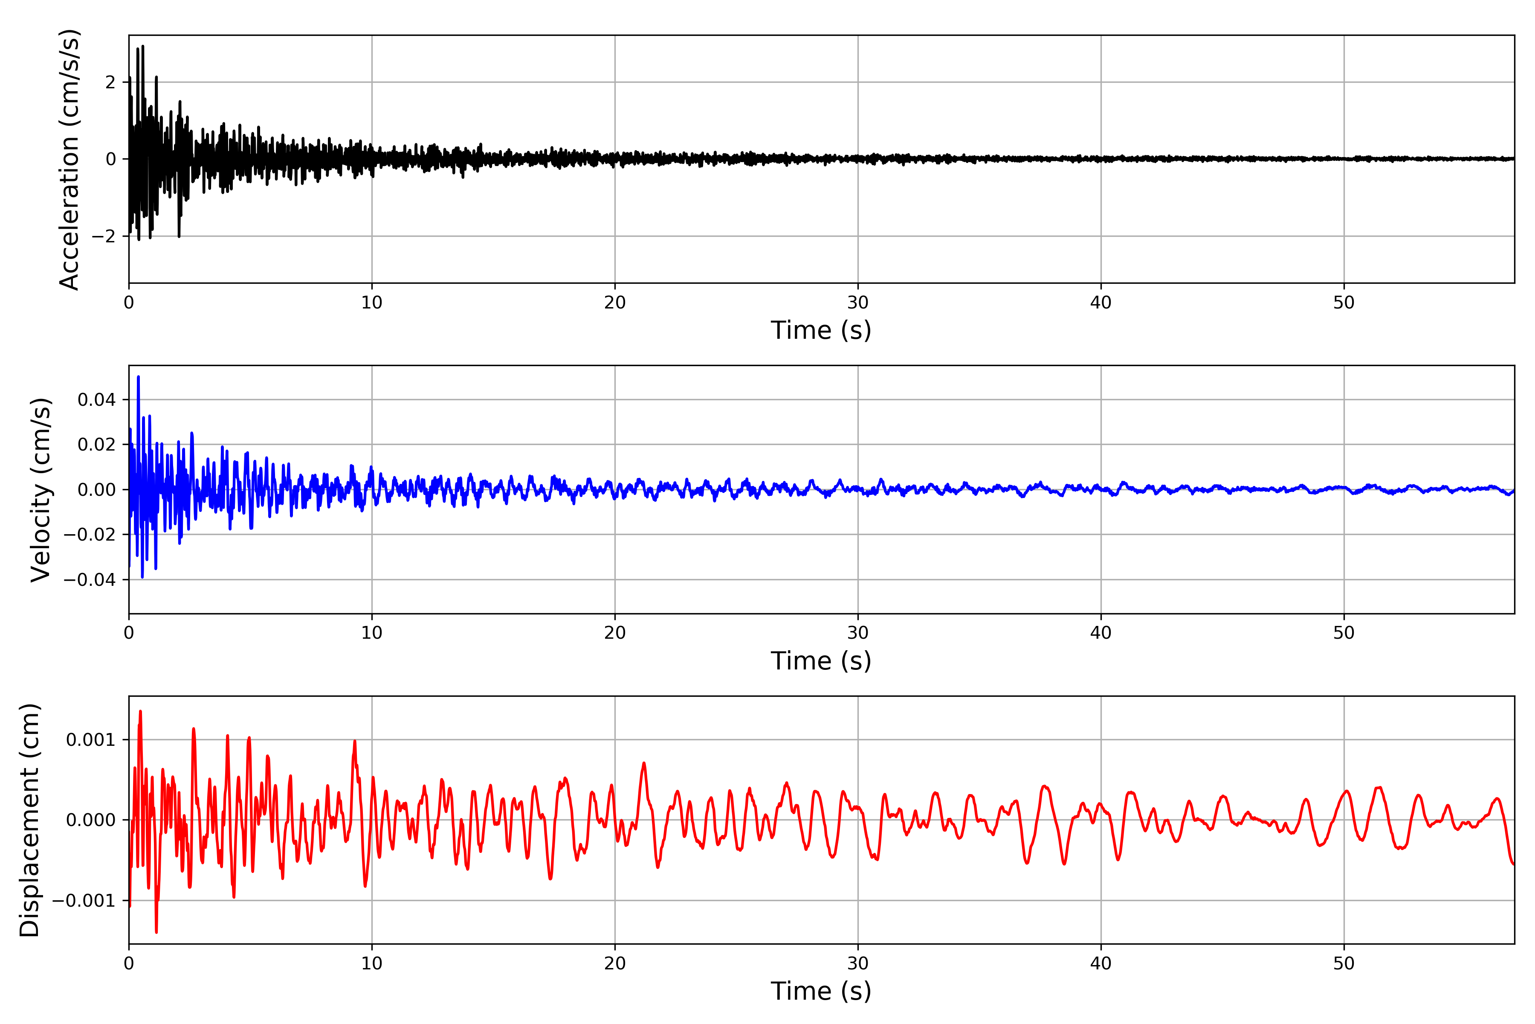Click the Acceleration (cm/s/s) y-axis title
click(x=69, y=159)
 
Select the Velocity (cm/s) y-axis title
click(x=41, y=490)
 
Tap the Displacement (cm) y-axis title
click(x=30, y=820)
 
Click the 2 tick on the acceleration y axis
click(x=110, y=82)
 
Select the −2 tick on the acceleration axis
click(x=104, y=236)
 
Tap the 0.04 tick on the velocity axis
click(x=97, y=400)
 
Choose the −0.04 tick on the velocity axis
click(x=90, y=580)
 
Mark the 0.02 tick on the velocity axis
click(x=97, y=445)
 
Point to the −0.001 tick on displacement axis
click(x=84, y=901)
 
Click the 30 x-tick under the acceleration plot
click(x=857, y=303)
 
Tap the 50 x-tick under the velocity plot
click(x=1344, y=633)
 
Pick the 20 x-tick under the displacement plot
click(x=615, y=963)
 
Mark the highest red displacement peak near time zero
click(x=140, y=711)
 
